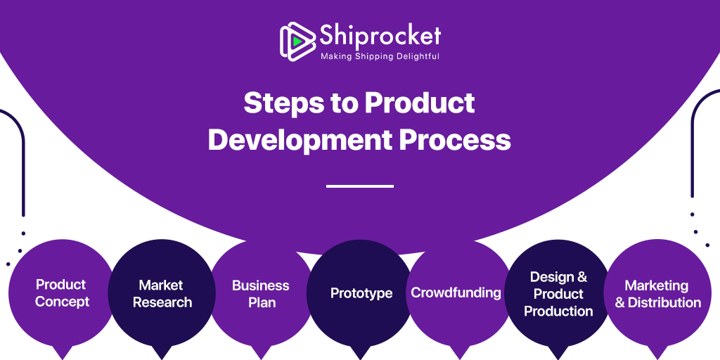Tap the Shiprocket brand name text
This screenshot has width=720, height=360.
(380, 34)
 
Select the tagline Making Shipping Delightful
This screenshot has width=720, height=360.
(380, 56)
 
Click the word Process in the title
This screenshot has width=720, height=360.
(455, 139)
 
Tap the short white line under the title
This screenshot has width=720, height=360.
(360, 186)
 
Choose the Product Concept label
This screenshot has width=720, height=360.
(62, 293)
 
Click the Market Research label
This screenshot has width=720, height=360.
(162, 294)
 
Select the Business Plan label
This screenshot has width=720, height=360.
(261, 294)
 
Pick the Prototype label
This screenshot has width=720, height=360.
(361, 293)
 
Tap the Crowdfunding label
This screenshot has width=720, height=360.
(456, 292)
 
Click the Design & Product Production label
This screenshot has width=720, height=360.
(558, 294)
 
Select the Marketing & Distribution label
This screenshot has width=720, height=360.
(657, 294)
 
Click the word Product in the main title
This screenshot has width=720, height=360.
(420, 103)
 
